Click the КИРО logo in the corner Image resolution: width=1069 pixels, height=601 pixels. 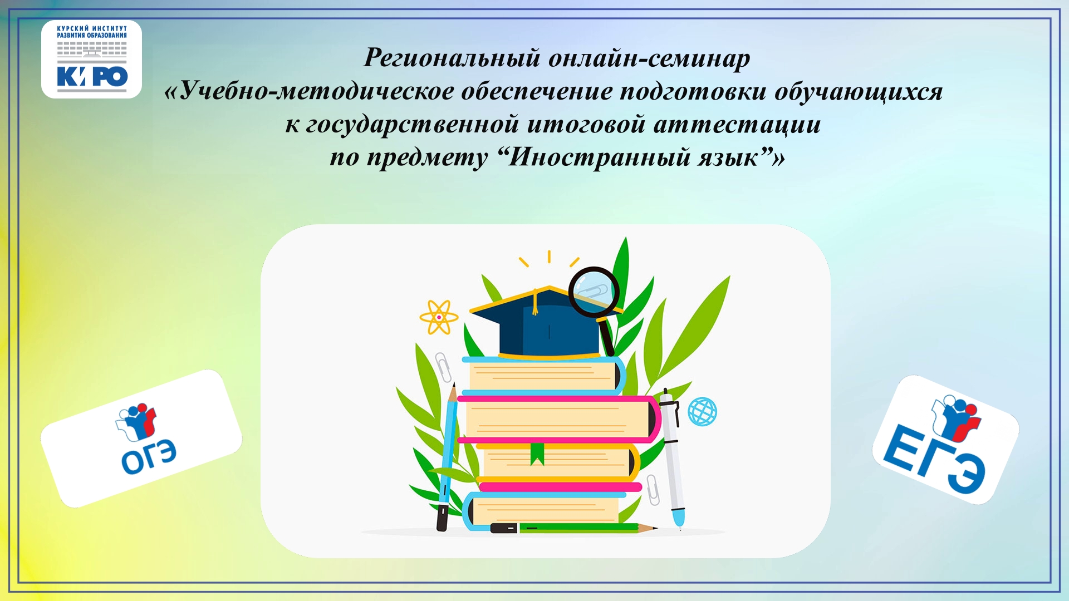pos(92,59)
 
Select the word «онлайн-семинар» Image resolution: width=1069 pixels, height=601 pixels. pos(650,58)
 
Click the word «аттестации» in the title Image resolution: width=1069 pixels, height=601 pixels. pos(737,124)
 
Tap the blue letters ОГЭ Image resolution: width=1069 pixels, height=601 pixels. pos(149,457)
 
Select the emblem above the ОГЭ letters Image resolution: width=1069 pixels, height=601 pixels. pos(136,420)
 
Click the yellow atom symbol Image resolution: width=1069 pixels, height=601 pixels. pos(439,317)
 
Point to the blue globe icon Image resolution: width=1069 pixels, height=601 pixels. pos(702,412)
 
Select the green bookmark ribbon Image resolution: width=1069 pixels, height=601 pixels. pos(537,453)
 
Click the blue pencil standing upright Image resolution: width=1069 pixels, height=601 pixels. pos(448,456)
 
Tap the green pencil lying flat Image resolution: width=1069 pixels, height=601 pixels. pos(573,528)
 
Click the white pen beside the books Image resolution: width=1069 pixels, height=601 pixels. pos(672,459)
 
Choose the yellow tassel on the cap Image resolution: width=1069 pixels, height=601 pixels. pos(535,302)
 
